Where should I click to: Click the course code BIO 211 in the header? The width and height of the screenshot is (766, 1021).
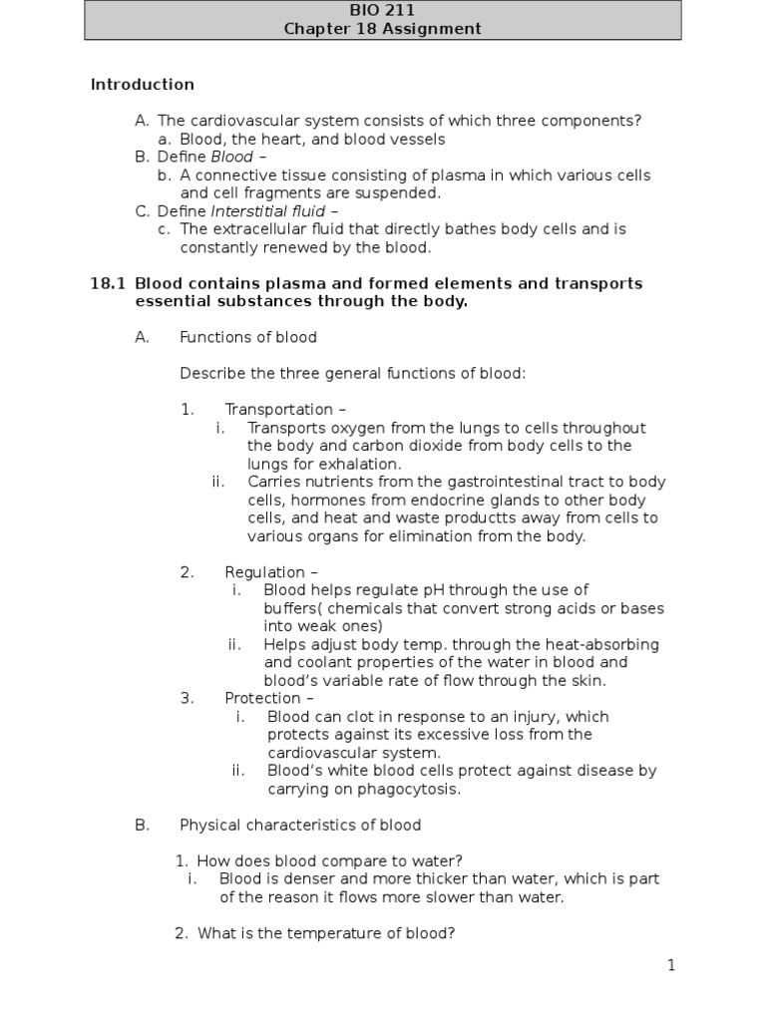[382, 10]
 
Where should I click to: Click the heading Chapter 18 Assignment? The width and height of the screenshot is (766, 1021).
[382, 29]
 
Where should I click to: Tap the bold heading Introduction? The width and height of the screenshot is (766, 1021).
[143, 85]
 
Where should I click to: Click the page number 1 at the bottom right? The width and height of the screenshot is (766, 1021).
[672, 965]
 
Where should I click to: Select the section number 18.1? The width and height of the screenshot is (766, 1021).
[108, 284]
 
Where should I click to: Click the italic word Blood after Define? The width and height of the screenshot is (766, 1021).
[232, 158]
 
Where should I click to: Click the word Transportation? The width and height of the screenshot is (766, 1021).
[279, 410]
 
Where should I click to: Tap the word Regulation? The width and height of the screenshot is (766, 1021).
[264, 572]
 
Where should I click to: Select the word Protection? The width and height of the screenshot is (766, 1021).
[262, 699]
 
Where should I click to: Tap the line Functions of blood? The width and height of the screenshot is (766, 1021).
[248, 337]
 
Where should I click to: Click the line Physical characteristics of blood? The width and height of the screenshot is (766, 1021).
[300, 826]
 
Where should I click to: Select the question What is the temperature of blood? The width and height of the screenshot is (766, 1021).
[326, 934]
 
